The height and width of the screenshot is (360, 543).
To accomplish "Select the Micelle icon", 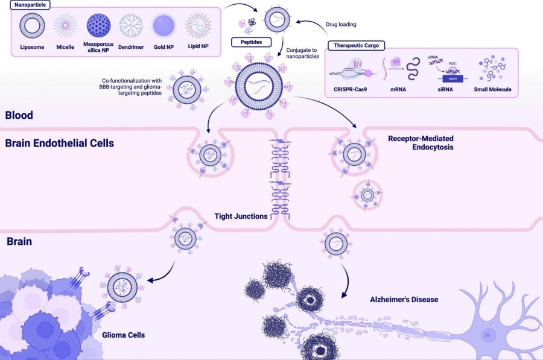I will [x=65, y=25].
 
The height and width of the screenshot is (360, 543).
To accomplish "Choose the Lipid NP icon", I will [x=198, y=25].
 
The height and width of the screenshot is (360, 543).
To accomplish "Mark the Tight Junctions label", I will [x=241, y=215].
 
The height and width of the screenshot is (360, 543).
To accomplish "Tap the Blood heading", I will [x=19, y=115].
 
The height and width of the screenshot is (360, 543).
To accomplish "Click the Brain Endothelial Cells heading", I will [x=60, y=144].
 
